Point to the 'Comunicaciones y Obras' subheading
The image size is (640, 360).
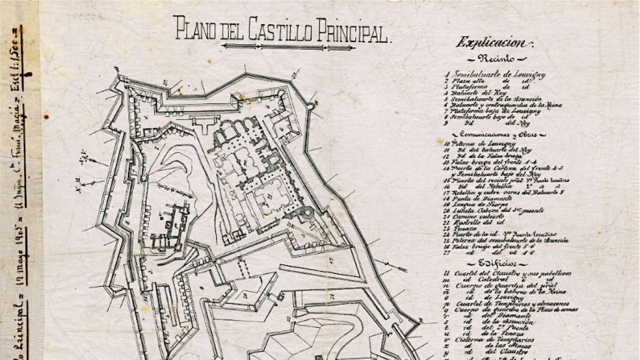[491, 135]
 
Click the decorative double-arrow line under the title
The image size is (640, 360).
[289, 46]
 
